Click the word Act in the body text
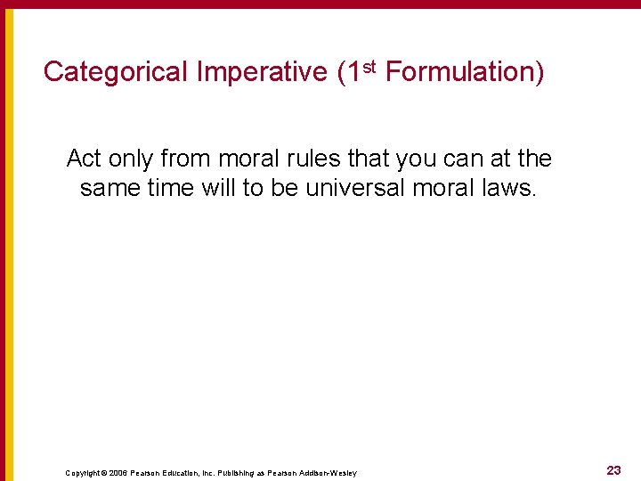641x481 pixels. (85, 159)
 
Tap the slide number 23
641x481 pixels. (613, 470)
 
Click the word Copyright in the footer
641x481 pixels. (83, 472)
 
